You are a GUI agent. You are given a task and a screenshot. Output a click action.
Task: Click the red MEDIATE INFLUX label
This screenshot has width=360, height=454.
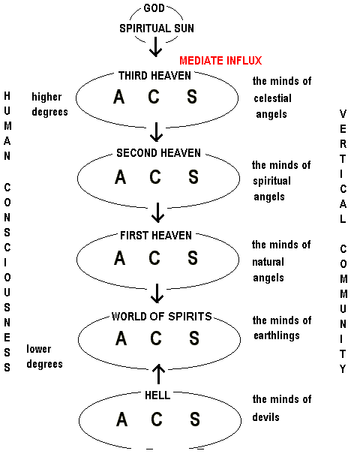220,61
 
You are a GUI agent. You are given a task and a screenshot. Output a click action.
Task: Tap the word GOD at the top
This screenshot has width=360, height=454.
154,8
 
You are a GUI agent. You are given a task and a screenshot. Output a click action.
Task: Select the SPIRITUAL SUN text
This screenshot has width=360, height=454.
157,29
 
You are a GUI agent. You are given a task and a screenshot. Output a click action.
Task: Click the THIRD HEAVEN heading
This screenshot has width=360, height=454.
154,76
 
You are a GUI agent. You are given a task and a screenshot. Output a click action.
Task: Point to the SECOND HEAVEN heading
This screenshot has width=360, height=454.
158,153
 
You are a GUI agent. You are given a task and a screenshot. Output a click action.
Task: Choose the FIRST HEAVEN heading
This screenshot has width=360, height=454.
156,236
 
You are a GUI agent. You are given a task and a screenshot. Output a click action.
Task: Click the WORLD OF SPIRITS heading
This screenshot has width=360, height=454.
162,316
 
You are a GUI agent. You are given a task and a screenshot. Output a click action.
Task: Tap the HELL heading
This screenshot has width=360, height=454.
157,395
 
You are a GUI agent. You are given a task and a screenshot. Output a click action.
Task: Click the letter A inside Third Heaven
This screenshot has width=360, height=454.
119,97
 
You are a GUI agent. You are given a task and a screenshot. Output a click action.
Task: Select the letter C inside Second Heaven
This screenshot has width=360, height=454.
155,177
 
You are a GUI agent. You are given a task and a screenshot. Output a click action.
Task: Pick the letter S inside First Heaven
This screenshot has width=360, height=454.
193,257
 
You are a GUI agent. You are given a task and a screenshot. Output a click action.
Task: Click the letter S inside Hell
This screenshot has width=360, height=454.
195,419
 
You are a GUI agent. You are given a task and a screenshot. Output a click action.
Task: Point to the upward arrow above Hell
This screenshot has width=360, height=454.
158,374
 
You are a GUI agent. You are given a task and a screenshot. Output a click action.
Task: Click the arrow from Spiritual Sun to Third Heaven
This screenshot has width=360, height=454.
156,47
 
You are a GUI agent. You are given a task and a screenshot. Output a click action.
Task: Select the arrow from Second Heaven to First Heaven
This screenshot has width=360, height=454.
157,212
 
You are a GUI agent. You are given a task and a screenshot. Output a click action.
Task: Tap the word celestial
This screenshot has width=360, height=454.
272,98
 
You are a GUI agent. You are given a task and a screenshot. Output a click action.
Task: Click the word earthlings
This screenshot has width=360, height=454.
277,336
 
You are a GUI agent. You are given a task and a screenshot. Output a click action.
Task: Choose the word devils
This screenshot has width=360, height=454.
265,417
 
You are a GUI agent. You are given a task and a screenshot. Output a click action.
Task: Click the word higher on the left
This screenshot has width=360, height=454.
46,98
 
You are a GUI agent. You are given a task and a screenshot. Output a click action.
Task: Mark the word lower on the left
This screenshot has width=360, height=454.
39,349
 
